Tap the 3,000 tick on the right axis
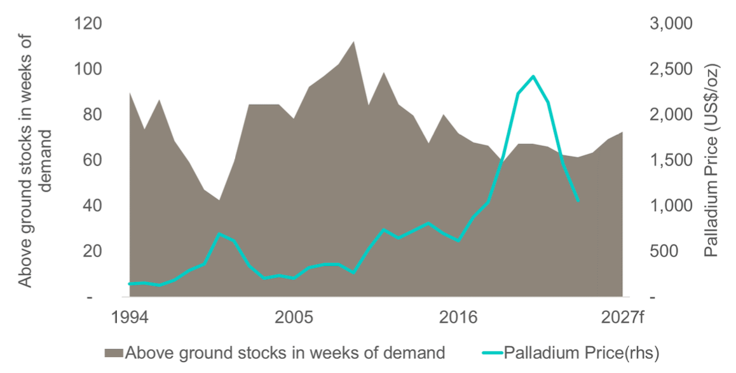pos(672,24)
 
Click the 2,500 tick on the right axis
pos(672,69)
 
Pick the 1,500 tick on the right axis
pos(672,160)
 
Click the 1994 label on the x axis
pos(130,317)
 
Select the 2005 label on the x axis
pos(294,317)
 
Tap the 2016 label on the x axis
pos(458,317)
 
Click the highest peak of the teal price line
pos(533,76)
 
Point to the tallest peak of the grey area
pos(353,42)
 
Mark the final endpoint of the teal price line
pos(578,201)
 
